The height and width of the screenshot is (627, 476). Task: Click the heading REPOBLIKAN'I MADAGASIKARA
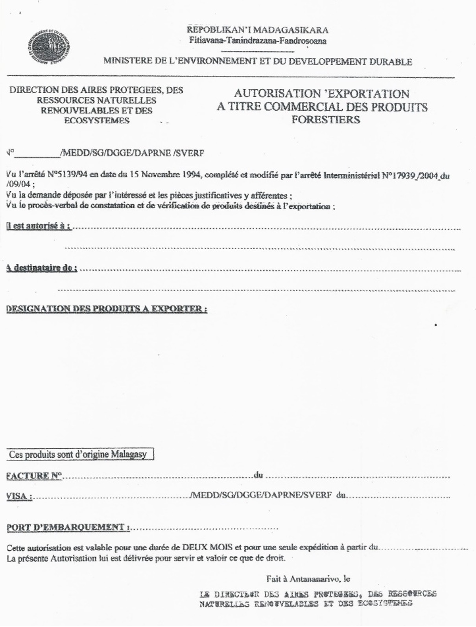[258, 30]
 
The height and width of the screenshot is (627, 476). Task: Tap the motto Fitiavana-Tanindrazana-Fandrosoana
[258, 40]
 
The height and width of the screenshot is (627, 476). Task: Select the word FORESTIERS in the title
[326, 120]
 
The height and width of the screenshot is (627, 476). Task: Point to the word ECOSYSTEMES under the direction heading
[97, 121]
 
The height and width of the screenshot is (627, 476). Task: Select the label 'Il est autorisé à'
[39, 226]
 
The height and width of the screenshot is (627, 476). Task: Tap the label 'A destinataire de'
[42, 268]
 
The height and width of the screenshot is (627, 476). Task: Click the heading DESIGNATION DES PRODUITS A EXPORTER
[107, 309]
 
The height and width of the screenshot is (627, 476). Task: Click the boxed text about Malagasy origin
[78, 454]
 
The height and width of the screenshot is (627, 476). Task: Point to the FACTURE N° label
[35, 476]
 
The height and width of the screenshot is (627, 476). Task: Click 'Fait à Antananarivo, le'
[308, 579]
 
